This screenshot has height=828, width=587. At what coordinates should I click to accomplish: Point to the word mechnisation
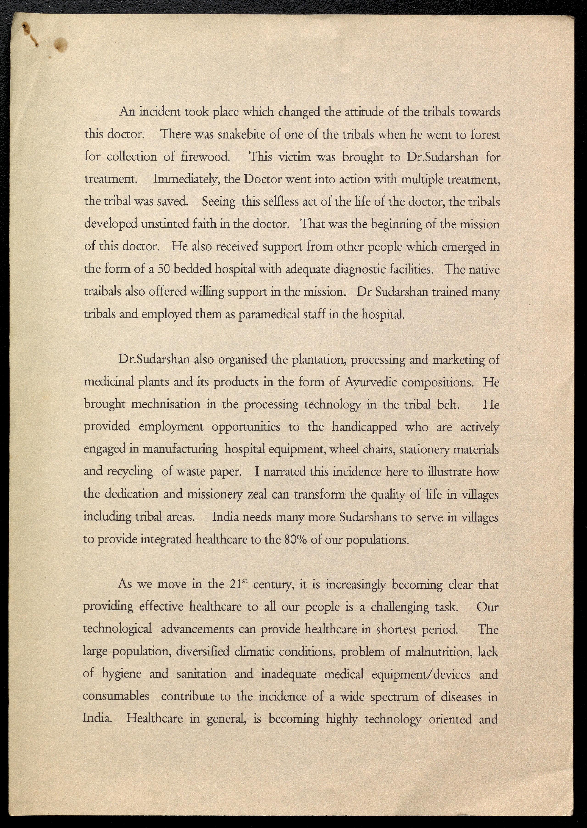point(166,404)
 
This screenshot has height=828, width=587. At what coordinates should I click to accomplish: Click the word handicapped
point(364,427)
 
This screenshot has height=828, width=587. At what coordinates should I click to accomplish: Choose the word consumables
point(116,696)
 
